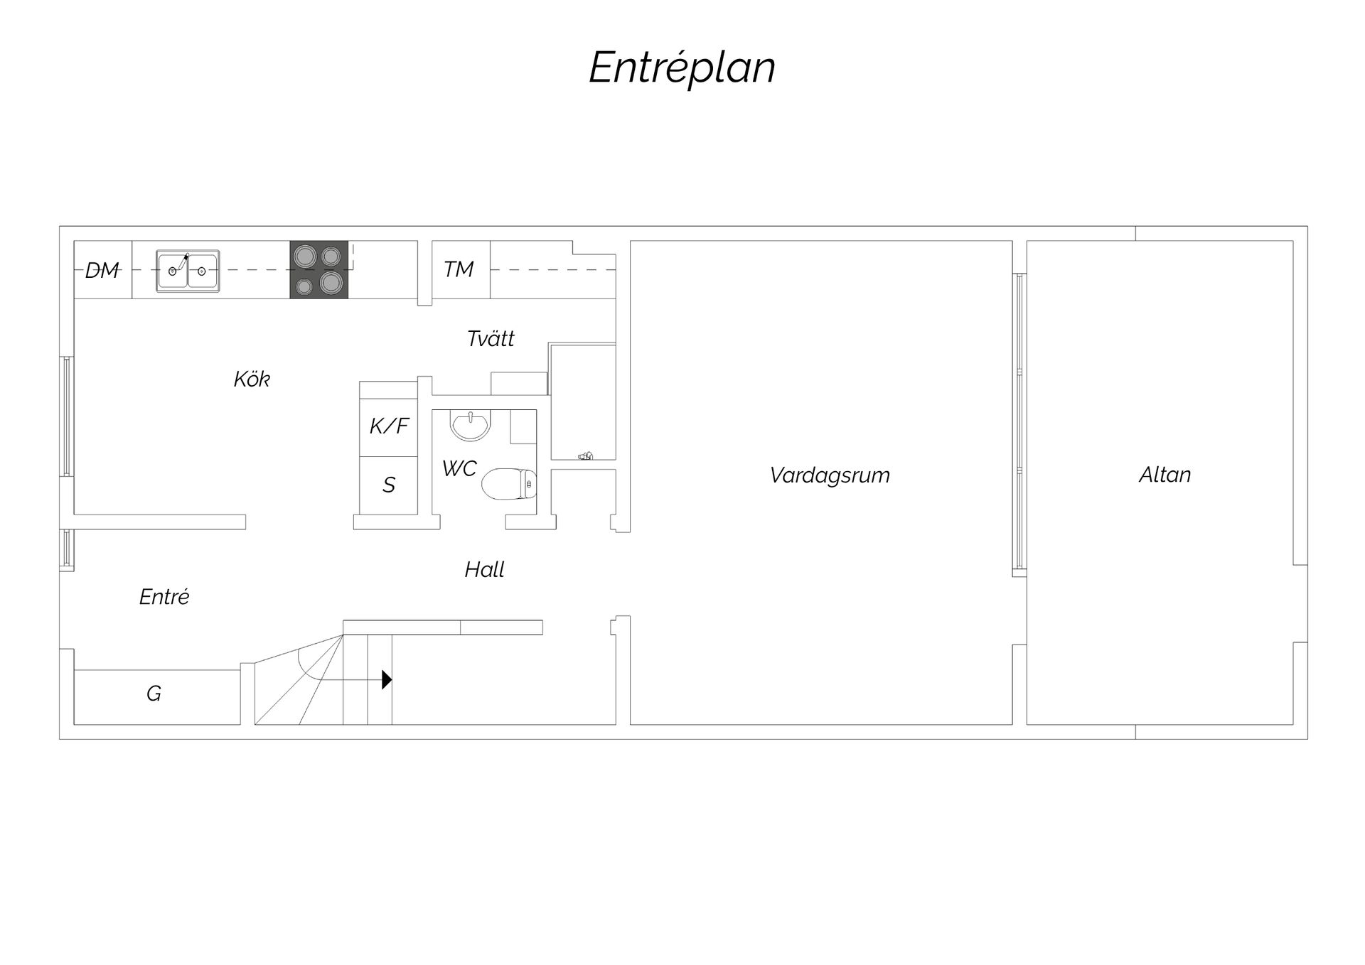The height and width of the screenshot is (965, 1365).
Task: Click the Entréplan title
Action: (682, 68)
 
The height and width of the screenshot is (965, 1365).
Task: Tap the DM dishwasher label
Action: (102, 270)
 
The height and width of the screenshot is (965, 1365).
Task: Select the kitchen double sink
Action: (188, 271)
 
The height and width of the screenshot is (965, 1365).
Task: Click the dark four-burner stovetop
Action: (318, 270)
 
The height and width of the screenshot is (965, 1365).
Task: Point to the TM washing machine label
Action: (459, 269)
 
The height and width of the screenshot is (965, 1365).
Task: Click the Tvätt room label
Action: (491, 338)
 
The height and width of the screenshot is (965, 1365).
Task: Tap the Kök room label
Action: (252, 379)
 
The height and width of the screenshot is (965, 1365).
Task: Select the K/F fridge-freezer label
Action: (389, 426)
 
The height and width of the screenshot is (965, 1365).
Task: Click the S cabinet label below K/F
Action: (389, 485)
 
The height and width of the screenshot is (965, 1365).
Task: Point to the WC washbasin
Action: (471, 425)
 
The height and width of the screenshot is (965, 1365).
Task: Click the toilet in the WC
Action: (509, 485)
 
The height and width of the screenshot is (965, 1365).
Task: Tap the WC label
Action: (459, 468)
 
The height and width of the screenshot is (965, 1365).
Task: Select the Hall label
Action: (485, 569)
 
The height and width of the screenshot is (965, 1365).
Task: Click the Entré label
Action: (164, 597)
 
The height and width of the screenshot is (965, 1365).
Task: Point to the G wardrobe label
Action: (154, 694)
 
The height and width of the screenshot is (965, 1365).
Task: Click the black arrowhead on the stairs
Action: (387, 680)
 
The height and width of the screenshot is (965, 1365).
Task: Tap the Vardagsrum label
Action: (830, 475)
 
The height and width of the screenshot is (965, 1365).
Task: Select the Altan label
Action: (1165, 475)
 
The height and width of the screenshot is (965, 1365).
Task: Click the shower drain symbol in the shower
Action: (586, 455)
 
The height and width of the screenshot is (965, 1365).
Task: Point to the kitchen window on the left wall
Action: (67, 416)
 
